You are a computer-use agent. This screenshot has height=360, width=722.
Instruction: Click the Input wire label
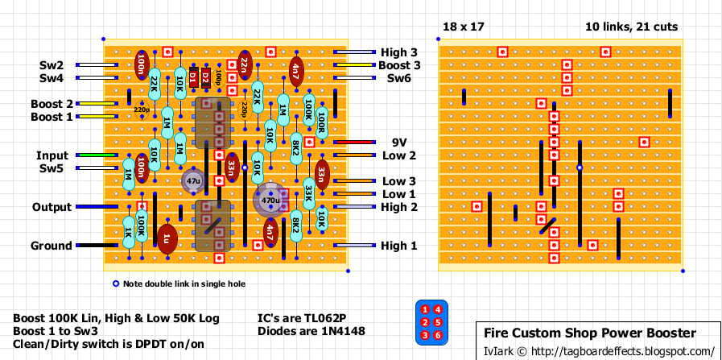52,155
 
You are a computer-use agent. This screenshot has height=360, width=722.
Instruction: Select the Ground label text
51,246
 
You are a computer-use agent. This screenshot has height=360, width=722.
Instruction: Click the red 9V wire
353,143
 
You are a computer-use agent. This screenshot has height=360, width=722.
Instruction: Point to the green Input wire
97,155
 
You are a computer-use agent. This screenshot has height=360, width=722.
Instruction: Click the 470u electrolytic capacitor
270,200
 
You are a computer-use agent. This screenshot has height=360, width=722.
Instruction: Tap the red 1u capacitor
167,238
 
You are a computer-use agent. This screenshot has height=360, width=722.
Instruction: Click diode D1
194,77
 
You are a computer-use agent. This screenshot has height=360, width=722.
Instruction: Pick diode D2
206,77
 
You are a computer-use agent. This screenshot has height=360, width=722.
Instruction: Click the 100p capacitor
219,77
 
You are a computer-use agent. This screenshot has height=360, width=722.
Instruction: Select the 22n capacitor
245,65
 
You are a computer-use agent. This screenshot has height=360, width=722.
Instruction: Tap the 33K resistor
309,194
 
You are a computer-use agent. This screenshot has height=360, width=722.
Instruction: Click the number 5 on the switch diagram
438,322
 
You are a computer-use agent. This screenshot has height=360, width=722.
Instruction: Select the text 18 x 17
463,27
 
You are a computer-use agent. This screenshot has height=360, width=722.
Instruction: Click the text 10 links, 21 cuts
631,27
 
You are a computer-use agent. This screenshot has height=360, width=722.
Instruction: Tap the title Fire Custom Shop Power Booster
589,333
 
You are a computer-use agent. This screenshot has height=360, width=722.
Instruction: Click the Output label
52,208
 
